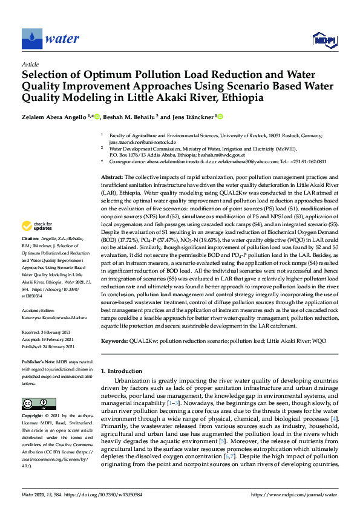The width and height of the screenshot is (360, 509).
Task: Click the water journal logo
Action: click(51, 39)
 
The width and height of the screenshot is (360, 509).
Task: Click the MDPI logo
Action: click(324, 40)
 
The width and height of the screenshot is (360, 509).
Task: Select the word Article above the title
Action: click(30, 64)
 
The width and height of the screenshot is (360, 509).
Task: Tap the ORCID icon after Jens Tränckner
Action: click(220, 116)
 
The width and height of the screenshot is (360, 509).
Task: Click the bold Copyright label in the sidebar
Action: click(34, 417)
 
